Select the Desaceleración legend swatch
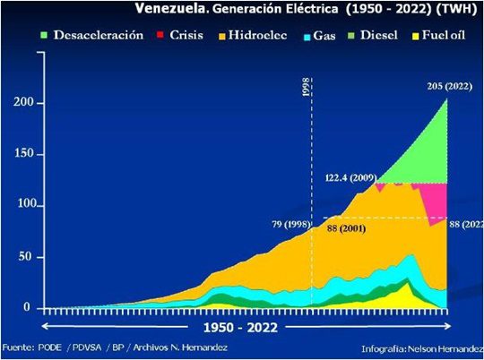pyautogui.click(x=41, y=36)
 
